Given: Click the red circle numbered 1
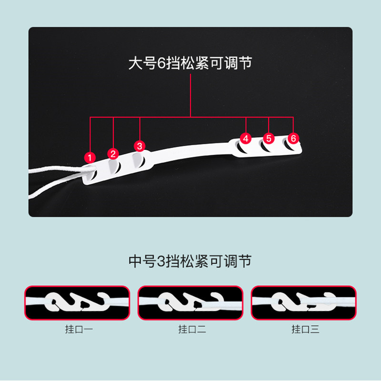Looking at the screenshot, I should [x=89, y=157].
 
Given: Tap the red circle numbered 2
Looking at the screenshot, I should [x=113, y=153].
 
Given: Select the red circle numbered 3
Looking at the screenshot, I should [x=139, y=145].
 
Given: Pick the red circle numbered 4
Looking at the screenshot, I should [x=245, y=138].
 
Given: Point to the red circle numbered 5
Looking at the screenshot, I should [x=269, y=138].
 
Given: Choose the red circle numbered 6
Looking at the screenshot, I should [x=293, y=138].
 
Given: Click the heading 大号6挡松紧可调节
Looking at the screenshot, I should [x=190, y=64].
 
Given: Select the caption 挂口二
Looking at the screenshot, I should [x=190, y=329].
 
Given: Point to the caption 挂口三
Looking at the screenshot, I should [x=303, y=329].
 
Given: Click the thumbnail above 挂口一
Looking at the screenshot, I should [x=77, y=302].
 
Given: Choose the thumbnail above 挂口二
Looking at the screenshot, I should [x=190, y=302].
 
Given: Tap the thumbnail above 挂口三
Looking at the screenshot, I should [x=304, y=302].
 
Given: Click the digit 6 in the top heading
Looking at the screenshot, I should [x=160, y=64].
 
